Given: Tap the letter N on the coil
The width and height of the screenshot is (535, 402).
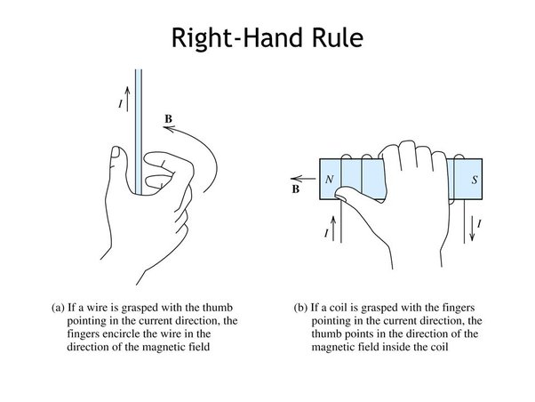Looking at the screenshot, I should click(x=330, y=179).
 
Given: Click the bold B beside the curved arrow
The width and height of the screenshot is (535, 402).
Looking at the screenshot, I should click(x=170, y=117).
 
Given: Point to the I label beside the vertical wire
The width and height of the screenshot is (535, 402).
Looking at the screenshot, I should click(x=120, y=104).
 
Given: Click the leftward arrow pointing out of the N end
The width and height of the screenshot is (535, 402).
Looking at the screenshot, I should click(x=305, y=176).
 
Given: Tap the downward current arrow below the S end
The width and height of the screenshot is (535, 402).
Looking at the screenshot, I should click(x=471, y=227).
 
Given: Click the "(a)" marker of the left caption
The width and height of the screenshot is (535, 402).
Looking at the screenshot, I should click(x=59, y=310).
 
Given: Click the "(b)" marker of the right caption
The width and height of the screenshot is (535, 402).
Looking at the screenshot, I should click(x=301, y=310).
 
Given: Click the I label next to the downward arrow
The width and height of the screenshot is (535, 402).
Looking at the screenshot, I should click(x=480, y=226).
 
